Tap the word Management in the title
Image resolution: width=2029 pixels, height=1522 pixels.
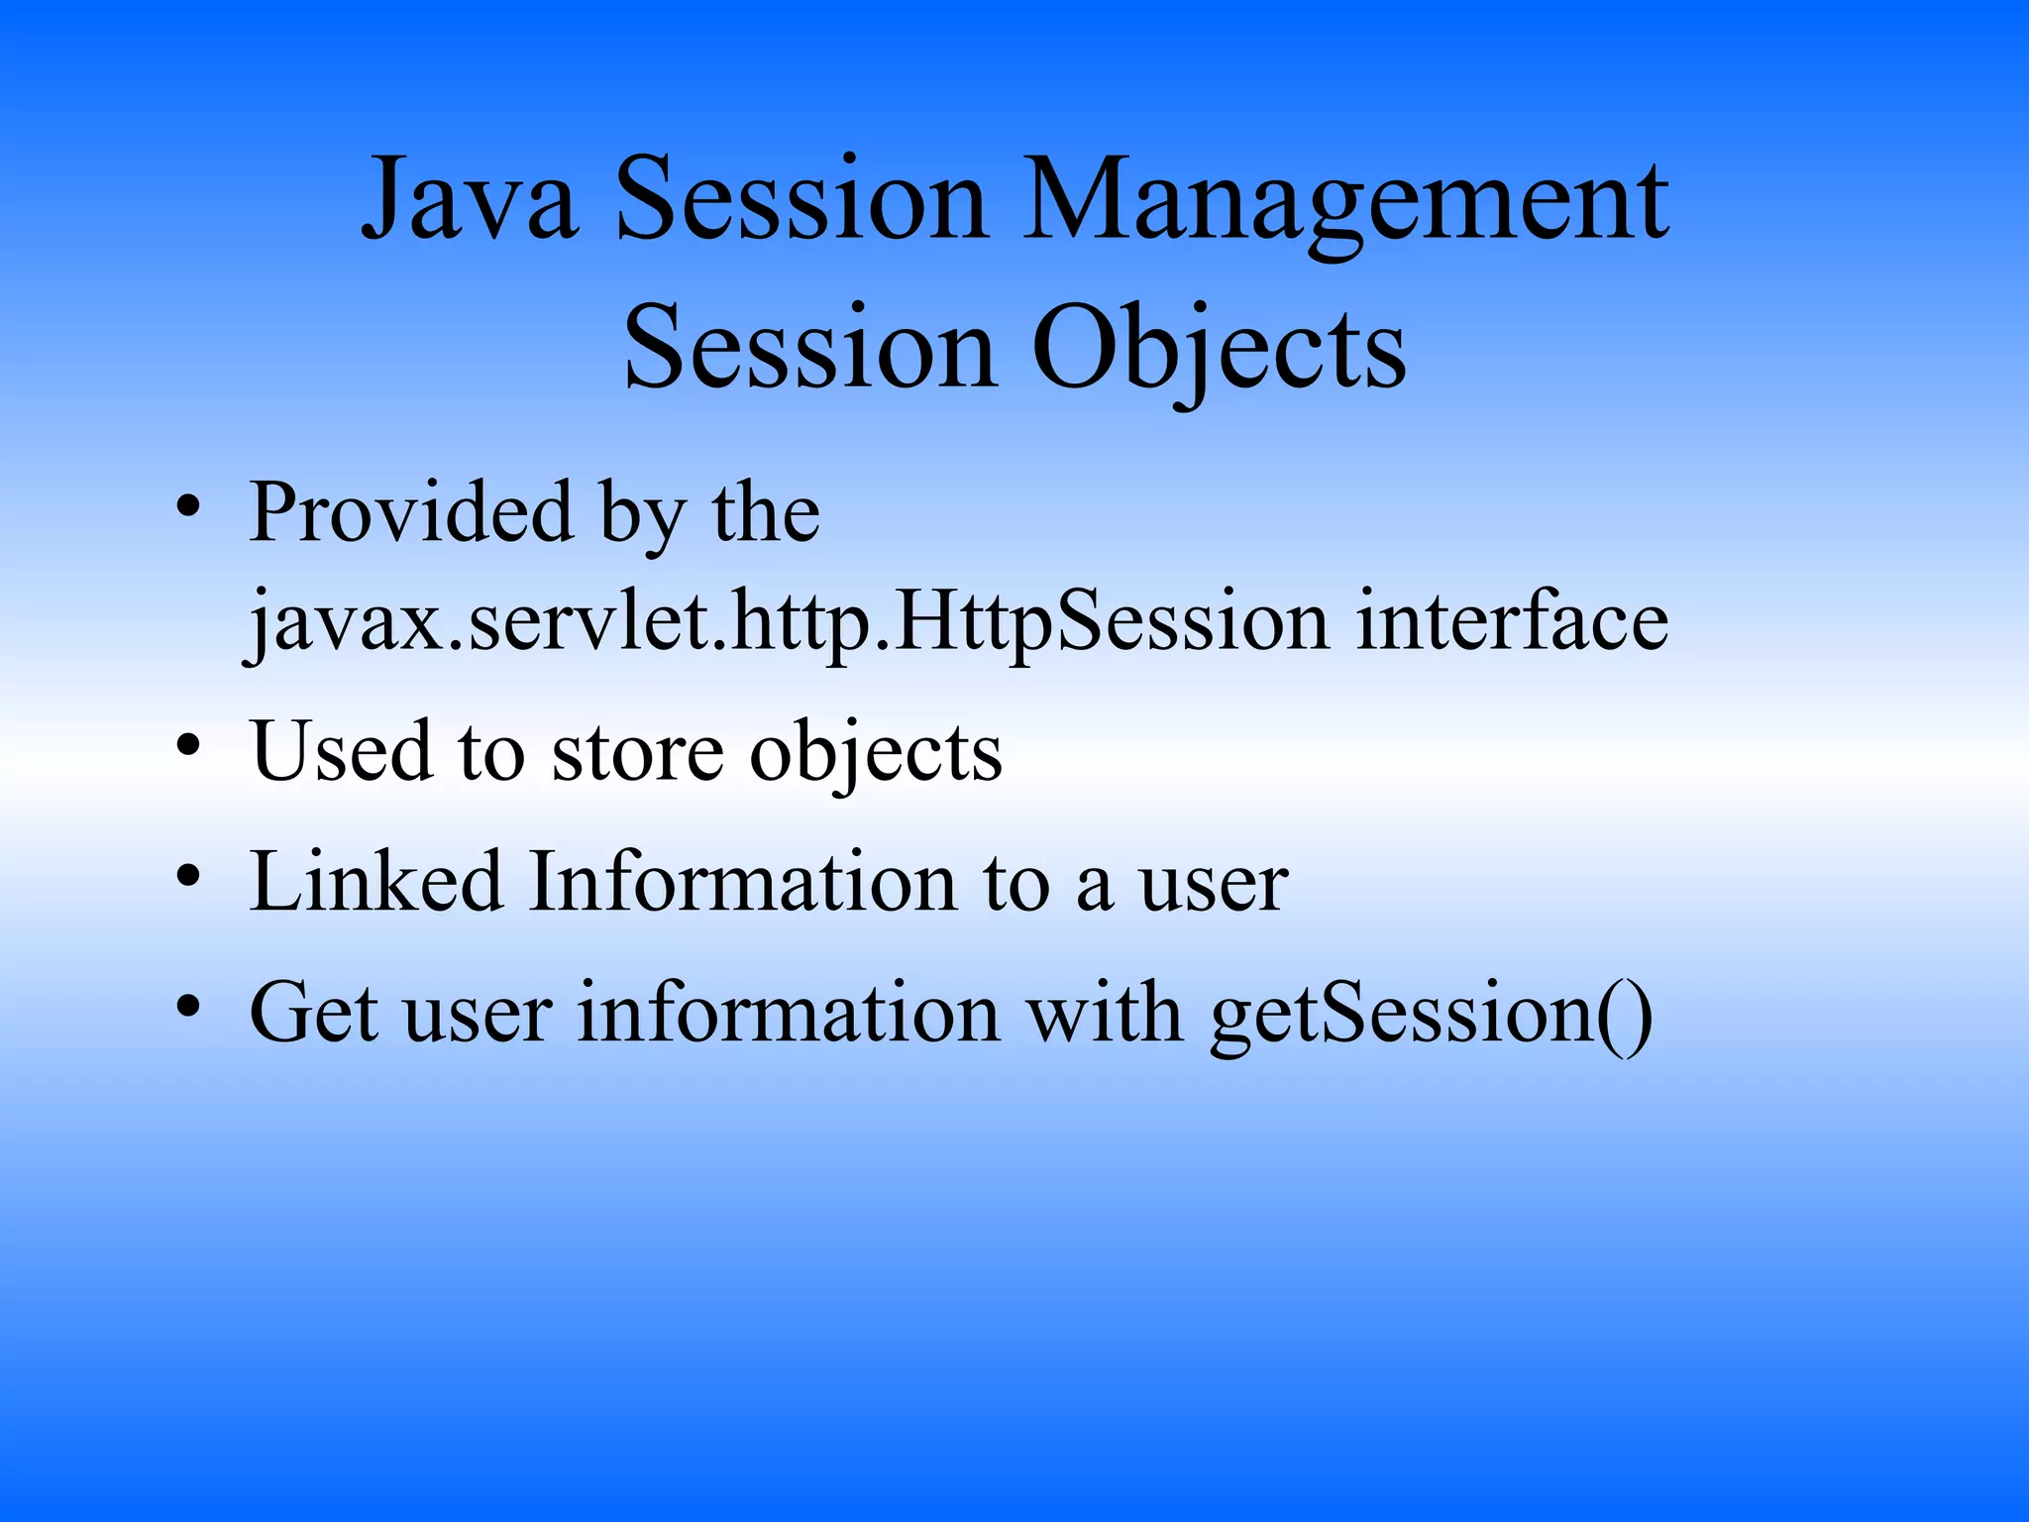pyautogui.click(x=1344, y=203)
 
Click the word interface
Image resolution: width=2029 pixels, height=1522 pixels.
pyautogui.click(x=1512, y=621)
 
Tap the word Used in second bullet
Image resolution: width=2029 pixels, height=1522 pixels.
pyautogui.click(x=342, y=751)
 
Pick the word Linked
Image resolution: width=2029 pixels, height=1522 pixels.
pyautogui.click(x=376, y=881)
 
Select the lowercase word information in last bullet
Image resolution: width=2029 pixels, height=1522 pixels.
pyautogui.click(x=789, y=1012)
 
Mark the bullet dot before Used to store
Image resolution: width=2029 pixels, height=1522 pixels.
pyautogui.click(x=188, y=745)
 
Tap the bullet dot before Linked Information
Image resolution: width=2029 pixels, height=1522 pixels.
pyautogui.click(x=188, y=876)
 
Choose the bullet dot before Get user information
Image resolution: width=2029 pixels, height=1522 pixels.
pyautogui.click(x=188, y=1006)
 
